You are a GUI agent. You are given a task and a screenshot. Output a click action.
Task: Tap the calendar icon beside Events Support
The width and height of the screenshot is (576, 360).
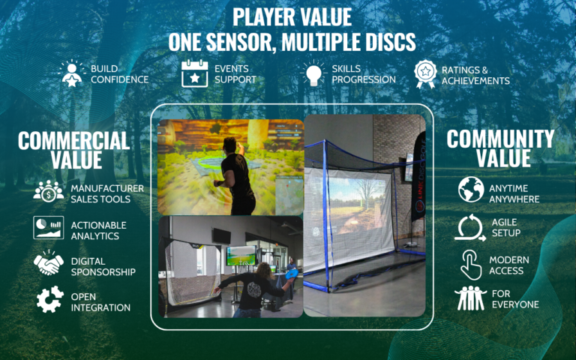195,73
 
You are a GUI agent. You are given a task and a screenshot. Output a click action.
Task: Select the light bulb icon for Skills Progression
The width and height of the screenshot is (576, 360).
313,73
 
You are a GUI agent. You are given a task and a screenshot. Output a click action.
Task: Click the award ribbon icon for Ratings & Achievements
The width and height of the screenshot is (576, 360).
425,73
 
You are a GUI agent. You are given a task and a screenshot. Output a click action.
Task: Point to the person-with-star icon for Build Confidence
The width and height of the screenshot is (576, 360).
72,73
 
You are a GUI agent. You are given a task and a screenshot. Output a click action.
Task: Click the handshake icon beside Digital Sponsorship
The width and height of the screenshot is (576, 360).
49,263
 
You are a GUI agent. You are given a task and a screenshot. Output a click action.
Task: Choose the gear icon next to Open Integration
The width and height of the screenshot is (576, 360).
50,299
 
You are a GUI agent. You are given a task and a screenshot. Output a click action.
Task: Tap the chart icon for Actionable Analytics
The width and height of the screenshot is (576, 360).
48,228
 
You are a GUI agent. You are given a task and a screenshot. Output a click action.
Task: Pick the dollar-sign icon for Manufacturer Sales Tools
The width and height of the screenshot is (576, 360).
49,191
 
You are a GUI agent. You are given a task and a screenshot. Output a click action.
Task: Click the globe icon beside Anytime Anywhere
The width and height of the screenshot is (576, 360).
471,189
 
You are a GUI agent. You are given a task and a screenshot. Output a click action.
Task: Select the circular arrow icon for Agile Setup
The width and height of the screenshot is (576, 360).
470,228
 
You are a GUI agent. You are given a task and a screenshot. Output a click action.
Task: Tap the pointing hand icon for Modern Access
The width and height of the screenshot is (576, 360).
471,265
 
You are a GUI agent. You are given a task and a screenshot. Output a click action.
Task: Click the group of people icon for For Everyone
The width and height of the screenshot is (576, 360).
470,298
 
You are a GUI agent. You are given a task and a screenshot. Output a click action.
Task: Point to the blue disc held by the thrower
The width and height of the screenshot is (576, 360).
292,274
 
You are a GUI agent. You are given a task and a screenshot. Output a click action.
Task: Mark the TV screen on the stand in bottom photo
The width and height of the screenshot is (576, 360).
241,256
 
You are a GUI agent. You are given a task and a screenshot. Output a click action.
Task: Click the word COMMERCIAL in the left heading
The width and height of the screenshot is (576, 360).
73,141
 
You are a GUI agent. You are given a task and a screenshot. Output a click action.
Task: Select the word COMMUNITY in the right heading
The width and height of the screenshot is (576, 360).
500,139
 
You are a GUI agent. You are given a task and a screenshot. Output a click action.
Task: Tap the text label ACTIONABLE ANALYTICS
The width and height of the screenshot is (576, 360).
98,231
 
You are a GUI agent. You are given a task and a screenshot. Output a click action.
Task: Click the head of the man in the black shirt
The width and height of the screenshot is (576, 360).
230,145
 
